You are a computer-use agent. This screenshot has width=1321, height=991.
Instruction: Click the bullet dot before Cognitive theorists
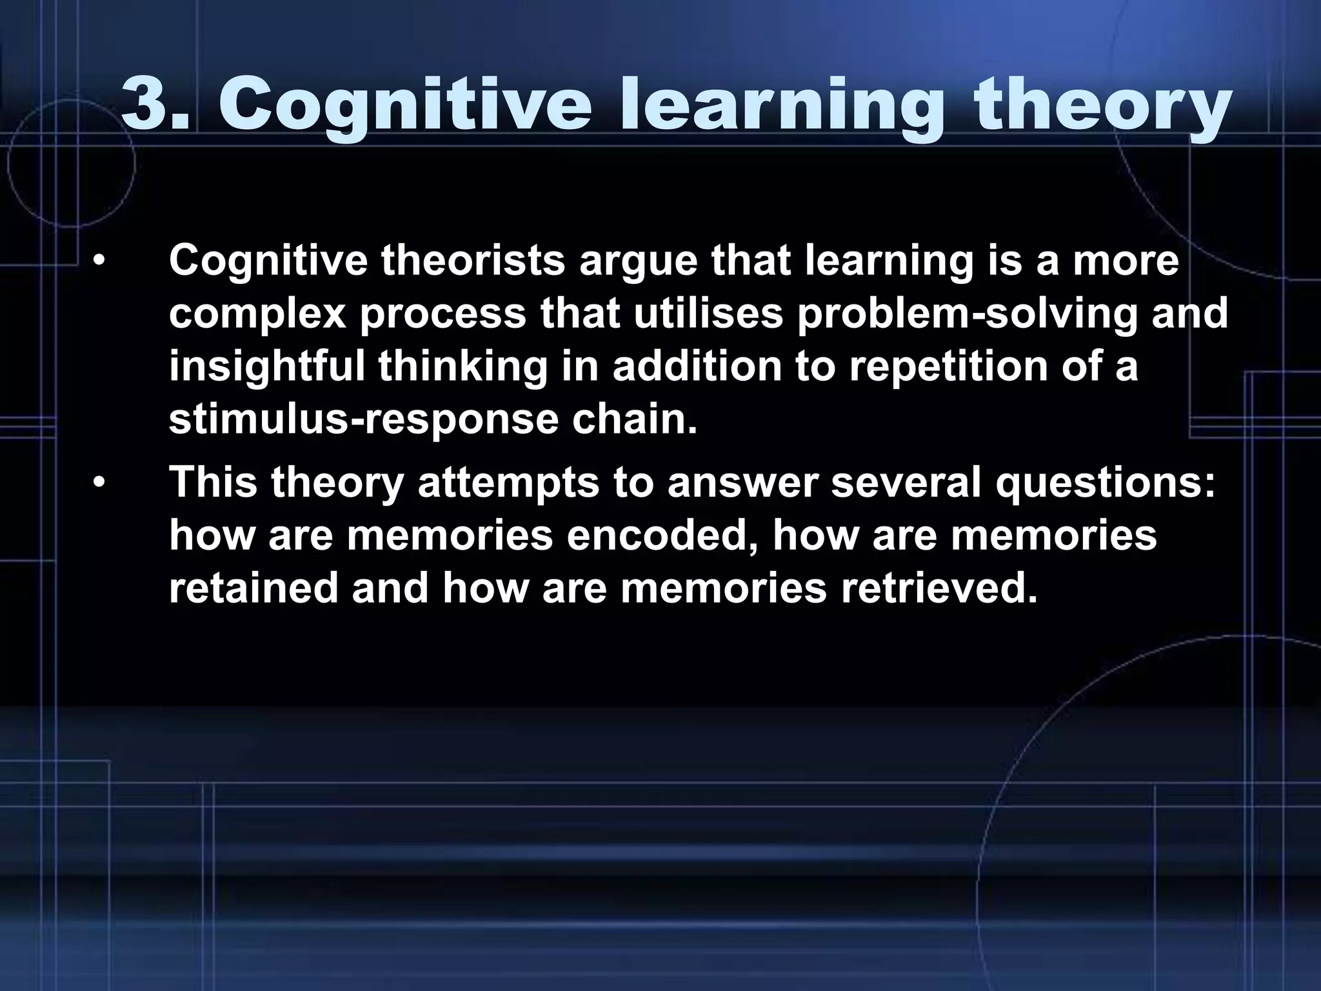[98, 261]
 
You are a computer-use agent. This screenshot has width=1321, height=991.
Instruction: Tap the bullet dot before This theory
[98, 483]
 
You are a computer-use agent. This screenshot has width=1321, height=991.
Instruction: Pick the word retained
[253, 588]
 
